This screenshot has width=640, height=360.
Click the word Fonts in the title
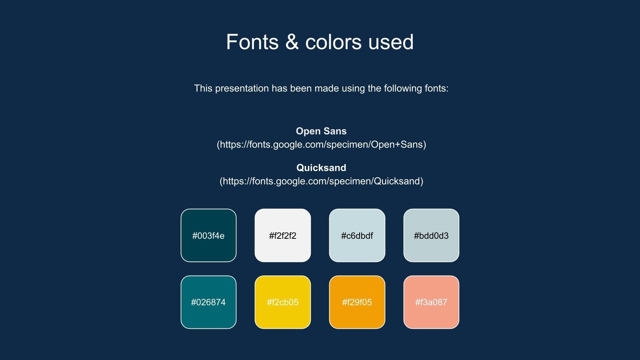252,42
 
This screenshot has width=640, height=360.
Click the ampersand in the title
292,42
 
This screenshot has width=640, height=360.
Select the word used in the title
391,42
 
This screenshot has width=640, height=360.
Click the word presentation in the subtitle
242,88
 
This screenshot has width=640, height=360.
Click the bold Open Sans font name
321,131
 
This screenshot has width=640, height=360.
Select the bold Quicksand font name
321,168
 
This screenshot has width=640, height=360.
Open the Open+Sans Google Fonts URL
322,144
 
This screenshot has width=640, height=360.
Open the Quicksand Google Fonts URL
322,181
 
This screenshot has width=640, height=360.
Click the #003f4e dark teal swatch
208,236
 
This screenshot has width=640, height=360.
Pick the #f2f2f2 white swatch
283,236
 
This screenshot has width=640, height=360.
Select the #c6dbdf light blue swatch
357,236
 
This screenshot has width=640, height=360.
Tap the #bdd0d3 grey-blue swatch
432,236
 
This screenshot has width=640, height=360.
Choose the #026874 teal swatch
208,302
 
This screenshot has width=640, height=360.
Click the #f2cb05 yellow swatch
283,302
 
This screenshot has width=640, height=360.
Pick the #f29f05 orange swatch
357,302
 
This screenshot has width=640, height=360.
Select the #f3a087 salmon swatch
432,302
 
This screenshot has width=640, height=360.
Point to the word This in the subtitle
203,88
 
